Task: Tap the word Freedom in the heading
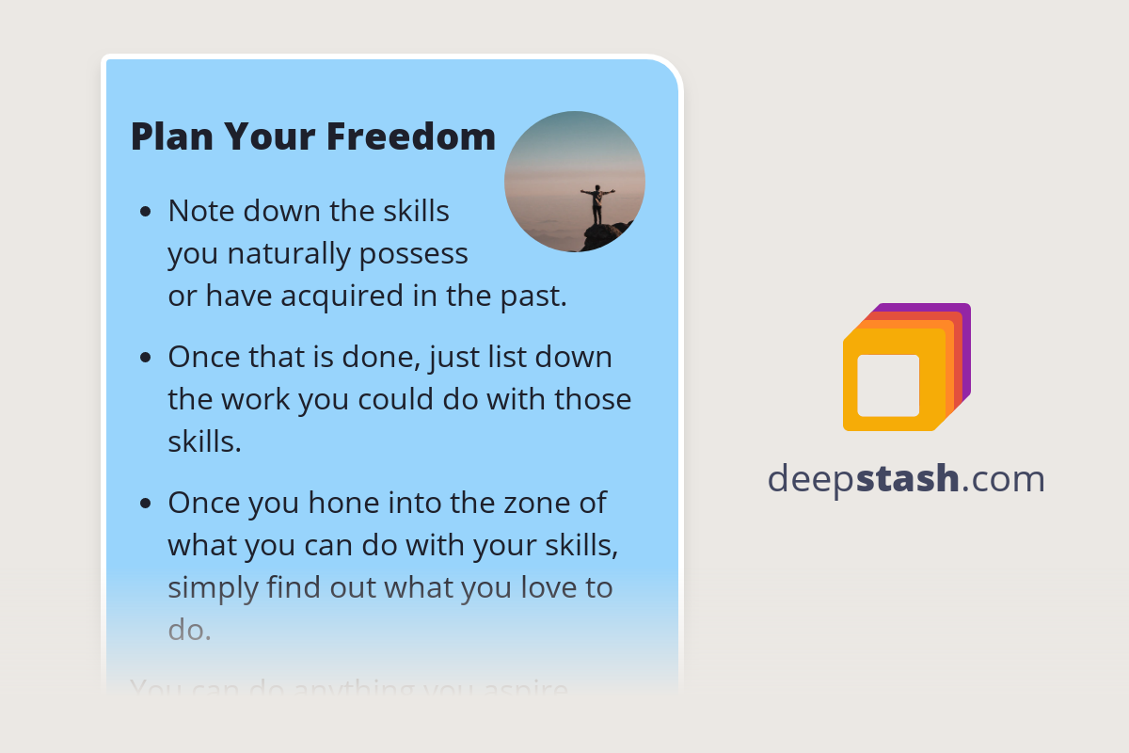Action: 411,136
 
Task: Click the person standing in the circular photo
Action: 596,203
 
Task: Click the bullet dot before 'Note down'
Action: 145,213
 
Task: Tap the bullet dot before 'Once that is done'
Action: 145,359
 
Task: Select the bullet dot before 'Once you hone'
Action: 145,504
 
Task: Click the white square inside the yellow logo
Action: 888,385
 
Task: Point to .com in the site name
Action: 1003,479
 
